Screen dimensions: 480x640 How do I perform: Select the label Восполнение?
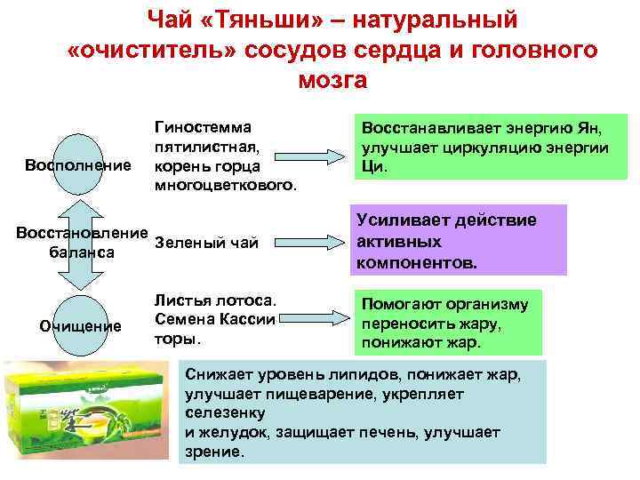tap(78, 165)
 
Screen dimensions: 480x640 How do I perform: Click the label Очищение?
tap(81, 325)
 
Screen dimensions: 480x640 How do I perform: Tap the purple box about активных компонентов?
tap(460, 242)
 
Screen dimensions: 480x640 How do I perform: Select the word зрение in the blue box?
tap(212, 452)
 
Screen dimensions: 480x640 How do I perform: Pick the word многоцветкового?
tap(226, 184)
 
